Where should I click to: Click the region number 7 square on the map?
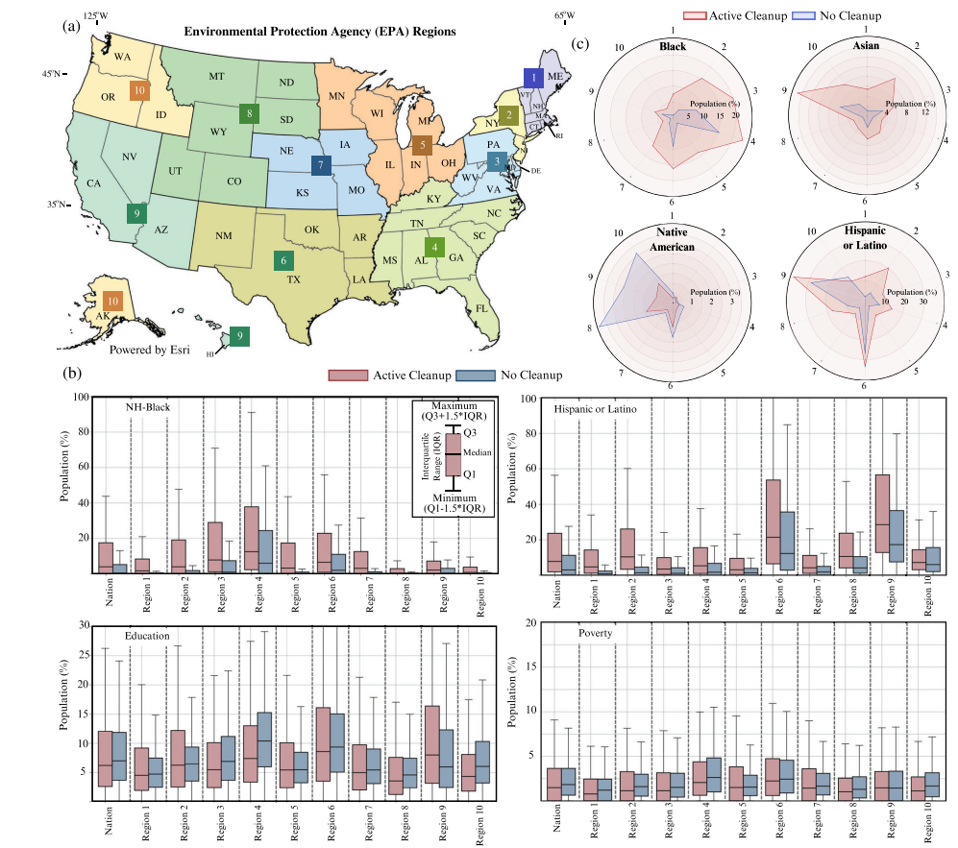[321, 165]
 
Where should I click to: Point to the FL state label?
[483, 308]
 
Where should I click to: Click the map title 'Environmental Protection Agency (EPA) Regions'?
[320, 31]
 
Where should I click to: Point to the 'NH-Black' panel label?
[147, 408]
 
